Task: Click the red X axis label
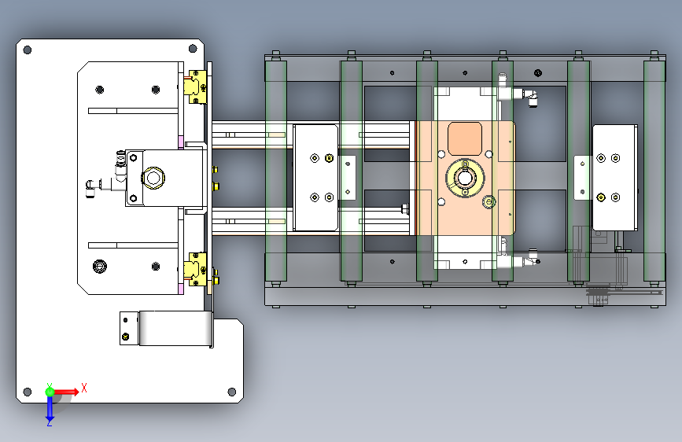click(84, 388)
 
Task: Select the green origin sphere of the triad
click(50, 392)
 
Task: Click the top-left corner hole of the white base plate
click(27, 50)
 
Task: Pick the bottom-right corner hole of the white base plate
click(232, 392)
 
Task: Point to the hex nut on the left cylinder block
click(153, 178)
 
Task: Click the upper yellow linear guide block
click(195, 87)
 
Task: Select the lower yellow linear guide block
click(195, 269)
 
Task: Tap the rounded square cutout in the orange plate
click(465, 138)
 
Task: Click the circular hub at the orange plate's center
click(465, 178)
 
